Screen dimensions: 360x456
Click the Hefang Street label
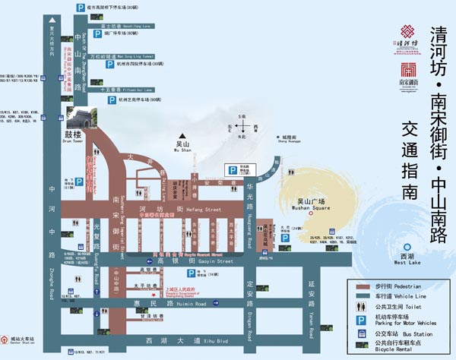pyautogui.click(x=201, y=207)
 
